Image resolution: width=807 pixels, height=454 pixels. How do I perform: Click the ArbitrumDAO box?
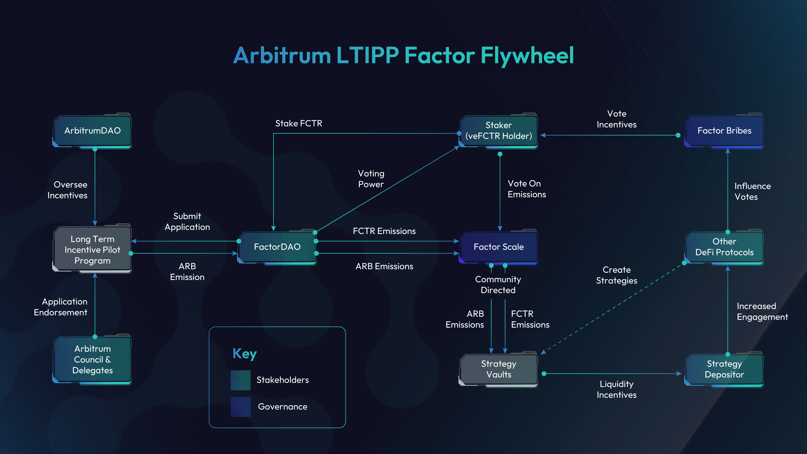point(93,131)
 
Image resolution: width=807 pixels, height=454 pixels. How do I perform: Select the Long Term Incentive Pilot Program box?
point(93,250)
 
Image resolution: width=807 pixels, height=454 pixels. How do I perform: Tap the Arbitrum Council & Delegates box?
point(93,359)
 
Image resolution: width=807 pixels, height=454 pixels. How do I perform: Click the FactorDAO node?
point(277,247)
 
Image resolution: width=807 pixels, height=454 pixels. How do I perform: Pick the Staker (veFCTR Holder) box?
point(498,131)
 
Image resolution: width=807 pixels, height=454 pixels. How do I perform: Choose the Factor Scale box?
point(498,247)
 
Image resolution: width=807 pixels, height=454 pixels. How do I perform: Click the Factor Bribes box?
point(724,131)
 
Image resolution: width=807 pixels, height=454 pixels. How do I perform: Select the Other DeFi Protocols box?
point(724,247)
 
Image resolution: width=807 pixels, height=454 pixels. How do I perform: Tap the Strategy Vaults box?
point(498,369)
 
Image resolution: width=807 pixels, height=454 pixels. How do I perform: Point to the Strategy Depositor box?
point(724,369)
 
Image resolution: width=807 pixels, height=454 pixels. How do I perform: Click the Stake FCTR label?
point(298,123)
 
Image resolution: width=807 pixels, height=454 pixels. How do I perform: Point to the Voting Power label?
point(371,179)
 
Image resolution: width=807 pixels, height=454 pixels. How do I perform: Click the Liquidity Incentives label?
point(617,389)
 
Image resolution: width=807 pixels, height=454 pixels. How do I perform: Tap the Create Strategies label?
point(617,275)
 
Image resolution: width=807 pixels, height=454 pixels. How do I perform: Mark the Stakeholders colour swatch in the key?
point(240,380)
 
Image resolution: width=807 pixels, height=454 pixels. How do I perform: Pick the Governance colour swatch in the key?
point(240,407)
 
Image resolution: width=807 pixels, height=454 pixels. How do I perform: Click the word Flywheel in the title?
point(527,55)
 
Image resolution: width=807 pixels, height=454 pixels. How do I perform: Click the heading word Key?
point(244,354)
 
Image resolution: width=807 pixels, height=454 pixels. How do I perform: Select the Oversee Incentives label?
point(67,190)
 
